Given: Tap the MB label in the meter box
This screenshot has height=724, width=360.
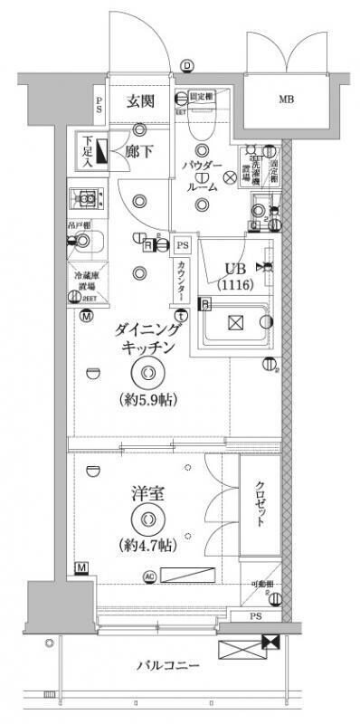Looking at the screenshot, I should click(285, 100).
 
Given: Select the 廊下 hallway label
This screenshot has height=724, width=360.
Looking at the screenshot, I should click(138, 150).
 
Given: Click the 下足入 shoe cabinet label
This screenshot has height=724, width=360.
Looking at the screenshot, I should click(87, 151).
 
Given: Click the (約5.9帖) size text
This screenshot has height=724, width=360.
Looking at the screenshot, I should click(147, 399).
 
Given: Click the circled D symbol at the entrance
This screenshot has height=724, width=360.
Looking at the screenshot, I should click(187, 65).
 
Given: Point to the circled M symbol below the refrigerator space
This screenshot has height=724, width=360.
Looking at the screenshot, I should click(86, 316).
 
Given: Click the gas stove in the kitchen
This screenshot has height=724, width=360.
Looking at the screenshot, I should click(88, 198).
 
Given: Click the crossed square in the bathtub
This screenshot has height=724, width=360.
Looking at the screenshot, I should click(234, 323).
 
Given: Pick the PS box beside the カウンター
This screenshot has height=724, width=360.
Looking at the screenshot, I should click(182, 245).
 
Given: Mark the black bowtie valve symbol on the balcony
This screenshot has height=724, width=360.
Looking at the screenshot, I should click(269, 642).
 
